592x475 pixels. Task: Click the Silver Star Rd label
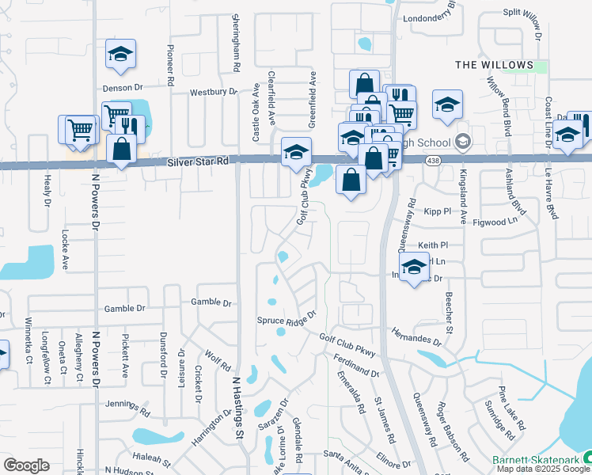coord(198,161)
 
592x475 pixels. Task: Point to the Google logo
coord(26,465)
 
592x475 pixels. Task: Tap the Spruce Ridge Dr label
coord(287,318)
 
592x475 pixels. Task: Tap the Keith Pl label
coord(433,245)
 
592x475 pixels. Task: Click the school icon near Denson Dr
coord(121,55)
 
